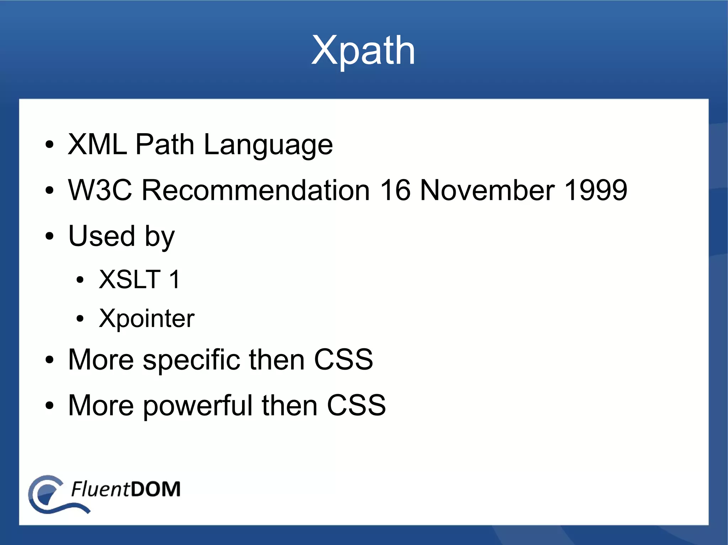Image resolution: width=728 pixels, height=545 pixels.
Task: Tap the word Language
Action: [x=268, y=145]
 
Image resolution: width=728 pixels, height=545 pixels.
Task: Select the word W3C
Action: [x=100, y=190]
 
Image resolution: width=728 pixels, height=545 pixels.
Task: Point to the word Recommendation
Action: [x=256, y=190]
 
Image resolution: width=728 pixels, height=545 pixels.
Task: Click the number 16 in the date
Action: [x=395, y=190]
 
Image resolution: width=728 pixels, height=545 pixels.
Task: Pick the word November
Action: [x=487, y=190]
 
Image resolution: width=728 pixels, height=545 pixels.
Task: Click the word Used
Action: [x=102, y=236]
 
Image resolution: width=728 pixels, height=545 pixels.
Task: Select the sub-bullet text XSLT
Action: [x=130, y=279]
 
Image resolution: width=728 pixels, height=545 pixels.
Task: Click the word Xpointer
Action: [x=146, y=318]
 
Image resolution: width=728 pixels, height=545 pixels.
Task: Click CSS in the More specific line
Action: [x=343, y=359]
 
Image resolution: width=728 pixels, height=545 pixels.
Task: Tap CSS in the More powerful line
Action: [x=356, y=405]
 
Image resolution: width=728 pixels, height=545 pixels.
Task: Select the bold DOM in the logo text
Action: [x=155, y=489]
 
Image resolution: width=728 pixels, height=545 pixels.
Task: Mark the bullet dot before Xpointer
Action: [x=80, y=318]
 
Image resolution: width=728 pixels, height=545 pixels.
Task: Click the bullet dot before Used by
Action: [x=49, y=236]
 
